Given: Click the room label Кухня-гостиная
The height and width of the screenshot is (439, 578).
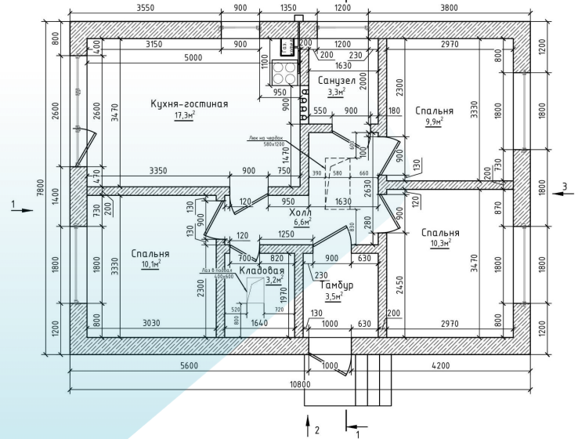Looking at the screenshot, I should [x=190, y=103].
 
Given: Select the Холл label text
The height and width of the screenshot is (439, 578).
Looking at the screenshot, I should [x=299, y=212].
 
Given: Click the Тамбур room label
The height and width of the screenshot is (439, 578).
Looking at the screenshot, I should [x=338, y=285].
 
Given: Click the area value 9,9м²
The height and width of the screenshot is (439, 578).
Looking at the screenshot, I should [x=434, y=122].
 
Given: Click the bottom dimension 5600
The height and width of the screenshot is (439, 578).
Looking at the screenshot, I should [x=189, y=365].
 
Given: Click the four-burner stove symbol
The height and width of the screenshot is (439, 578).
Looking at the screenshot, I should [x=286, y=73].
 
